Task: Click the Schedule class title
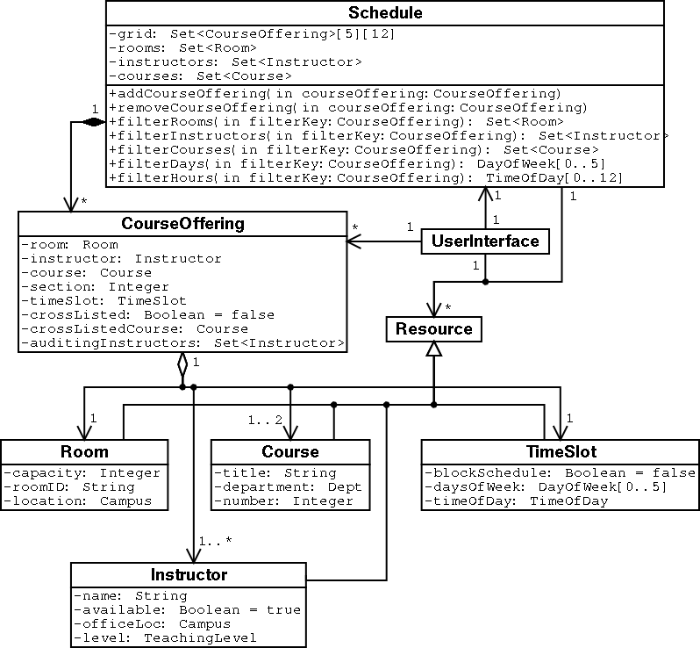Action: click(385, 12)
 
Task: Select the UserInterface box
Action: click(485, 241)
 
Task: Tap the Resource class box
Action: click(433, 329)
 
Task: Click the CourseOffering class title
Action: click(182, 224)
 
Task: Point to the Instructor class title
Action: click(189, 575)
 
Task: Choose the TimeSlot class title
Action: click(561, 451)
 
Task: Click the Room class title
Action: click(84, 451)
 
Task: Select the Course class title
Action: click(290, 451)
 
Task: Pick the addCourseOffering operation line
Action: click(334, 93)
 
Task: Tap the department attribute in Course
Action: click(288, 486)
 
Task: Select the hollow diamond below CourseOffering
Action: click(182, 364)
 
